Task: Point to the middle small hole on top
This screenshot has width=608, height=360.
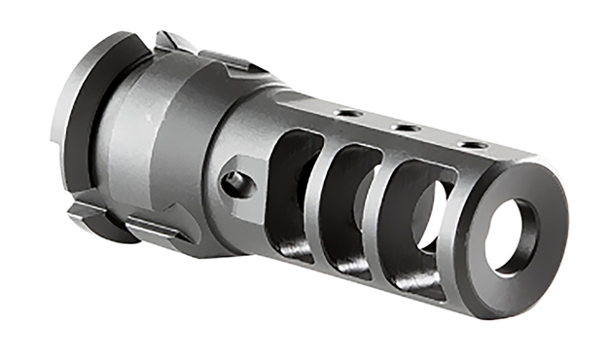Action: tap(404, 127)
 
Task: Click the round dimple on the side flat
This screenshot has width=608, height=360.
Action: tap(232, 180)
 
